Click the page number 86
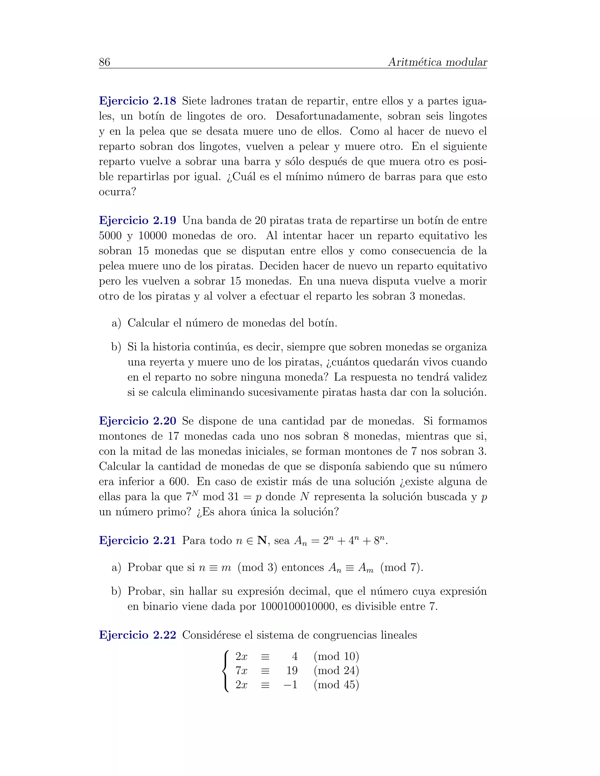(105, 62)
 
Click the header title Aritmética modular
(437, 62)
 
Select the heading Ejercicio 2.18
(138, 101)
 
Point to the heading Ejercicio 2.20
(138, 421)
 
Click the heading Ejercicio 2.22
(138, 635)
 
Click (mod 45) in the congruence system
(336, 684)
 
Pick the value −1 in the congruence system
(290, 684)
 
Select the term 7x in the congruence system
(241, 671)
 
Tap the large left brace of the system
(225, 671)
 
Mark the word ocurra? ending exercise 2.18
(117, 192)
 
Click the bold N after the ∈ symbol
(262, 541)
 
